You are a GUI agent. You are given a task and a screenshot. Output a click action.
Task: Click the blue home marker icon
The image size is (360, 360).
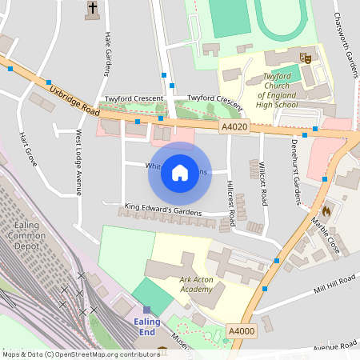tap(180, 173)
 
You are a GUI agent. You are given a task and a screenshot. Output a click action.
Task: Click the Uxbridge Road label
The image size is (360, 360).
tap(73, 100)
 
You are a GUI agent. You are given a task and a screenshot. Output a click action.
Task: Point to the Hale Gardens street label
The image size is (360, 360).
tap(107, 54)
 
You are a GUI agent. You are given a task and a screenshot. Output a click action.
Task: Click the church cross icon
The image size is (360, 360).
tap(93, 9)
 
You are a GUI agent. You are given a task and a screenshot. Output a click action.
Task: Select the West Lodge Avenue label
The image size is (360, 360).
tap(78, 162)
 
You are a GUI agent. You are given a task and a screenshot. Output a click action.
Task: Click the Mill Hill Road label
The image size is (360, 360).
tap(334, 282)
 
